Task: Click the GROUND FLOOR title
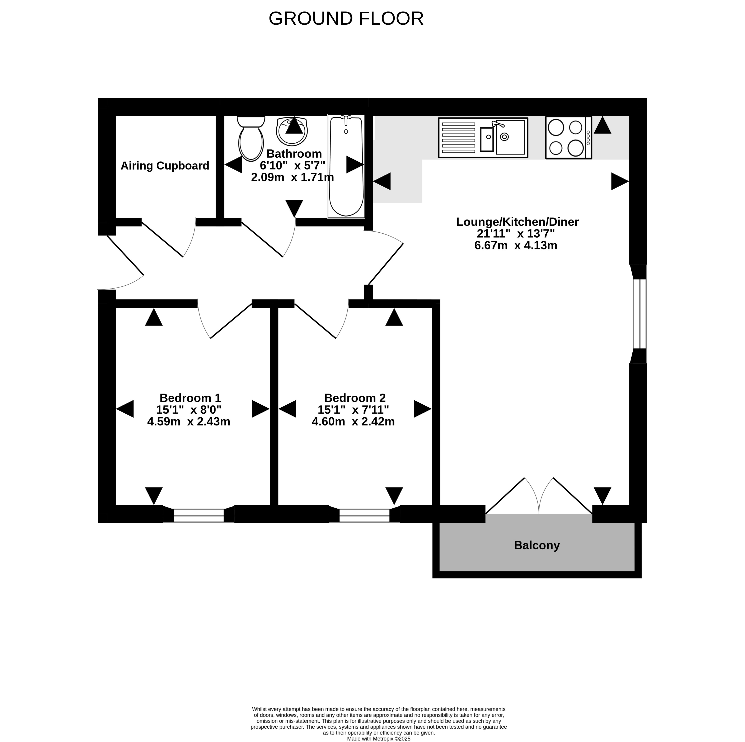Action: coord(346,19)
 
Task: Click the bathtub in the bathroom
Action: coord(346,166)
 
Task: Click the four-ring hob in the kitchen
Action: coord(568,138)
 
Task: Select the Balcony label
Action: coord(537,545)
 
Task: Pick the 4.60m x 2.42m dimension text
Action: coord(353,422)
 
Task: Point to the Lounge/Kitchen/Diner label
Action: coord(517,222)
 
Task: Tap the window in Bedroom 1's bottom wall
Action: coord(199,515)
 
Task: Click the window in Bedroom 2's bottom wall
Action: coord(364,515)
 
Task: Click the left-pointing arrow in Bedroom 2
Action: coord(287,409)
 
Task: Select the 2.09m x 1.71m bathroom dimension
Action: coord(292,177)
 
